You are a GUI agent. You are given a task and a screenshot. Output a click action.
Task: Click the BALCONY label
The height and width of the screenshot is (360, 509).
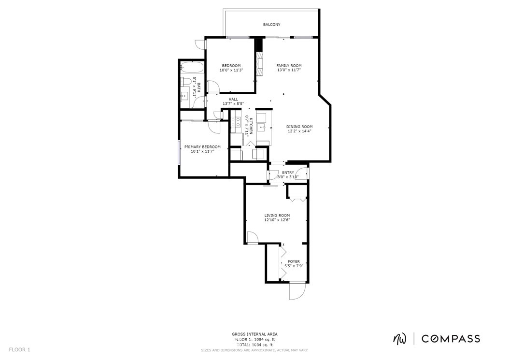coord(271,25)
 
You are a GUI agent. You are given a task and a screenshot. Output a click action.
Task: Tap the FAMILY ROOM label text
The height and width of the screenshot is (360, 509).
coord(289,66)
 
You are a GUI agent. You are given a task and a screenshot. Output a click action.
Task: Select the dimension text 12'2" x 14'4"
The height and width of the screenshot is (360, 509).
coord(299,131)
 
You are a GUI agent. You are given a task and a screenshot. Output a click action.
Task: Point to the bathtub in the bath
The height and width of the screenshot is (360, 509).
coord(192,67)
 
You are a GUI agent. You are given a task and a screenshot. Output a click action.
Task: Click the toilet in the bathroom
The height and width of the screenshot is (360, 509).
coord(185,81)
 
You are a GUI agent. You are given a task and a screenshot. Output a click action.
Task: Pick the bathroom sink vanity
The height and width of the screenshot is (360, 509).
coord(185,95)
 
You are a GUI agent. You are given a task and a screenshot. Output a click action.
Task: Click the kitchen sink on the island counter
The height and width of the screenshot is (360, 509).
coord(261,127)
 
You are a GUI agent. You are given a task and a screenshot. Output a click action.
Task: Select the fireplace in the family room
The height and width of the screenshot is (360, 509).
coord(259,63)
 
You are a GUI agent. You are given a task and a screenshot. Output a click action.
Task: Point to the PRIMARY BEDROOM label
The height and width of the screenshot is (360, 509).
coord(202,147)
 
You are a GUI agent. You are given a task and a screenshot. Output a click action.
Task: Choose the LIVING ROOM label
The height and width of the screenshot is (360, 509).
coord(277,216)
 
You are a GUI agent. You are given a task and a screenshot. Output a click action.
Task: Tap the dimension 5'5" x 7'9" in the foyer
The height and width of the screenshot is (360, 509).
coord(294,266)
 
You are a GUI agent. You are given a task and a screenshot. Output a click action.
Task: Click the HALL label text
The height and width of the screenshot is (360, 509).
coord(233,99)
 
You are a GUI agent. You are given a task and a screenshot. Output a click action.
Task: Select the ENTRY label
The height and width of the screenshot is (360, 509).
coord(288,173)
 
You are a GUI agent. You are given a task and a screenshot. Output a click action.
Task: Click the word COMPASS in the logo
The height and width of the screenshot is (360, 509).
coord(451,339)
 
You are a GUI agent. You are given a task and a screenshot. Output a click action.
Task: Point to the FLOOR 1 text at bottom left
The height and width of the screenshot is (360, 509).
coord(19,349)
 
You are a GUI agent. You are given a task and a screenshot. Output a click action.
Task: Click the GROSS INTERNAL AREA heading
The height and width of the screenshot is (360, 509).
coord(254,334)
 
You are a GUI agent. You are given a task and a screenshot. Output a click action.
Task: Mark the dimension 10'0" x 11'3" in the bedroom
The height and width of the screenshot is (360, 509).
coord(231,70)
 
